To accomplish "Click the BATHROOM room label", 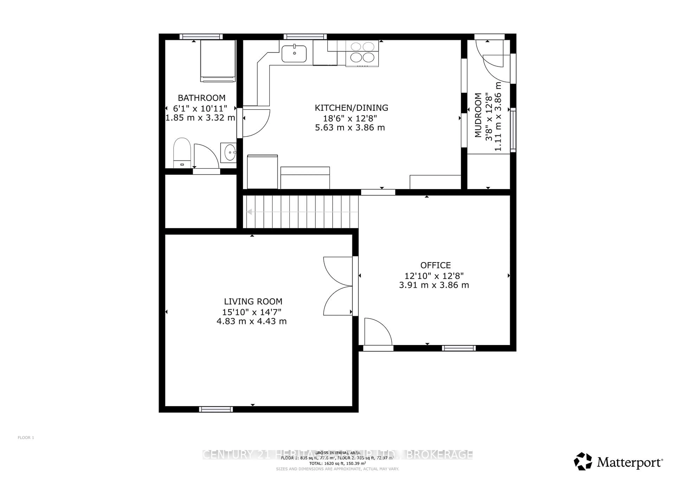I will (201, 98).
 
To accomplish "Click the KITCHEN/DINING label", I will (351, 108).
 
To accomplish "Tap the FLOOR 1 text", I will (26, 438).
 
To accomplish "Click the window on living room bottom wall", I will (216, 409).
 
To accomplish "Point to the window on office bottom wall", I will (459, 348).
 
